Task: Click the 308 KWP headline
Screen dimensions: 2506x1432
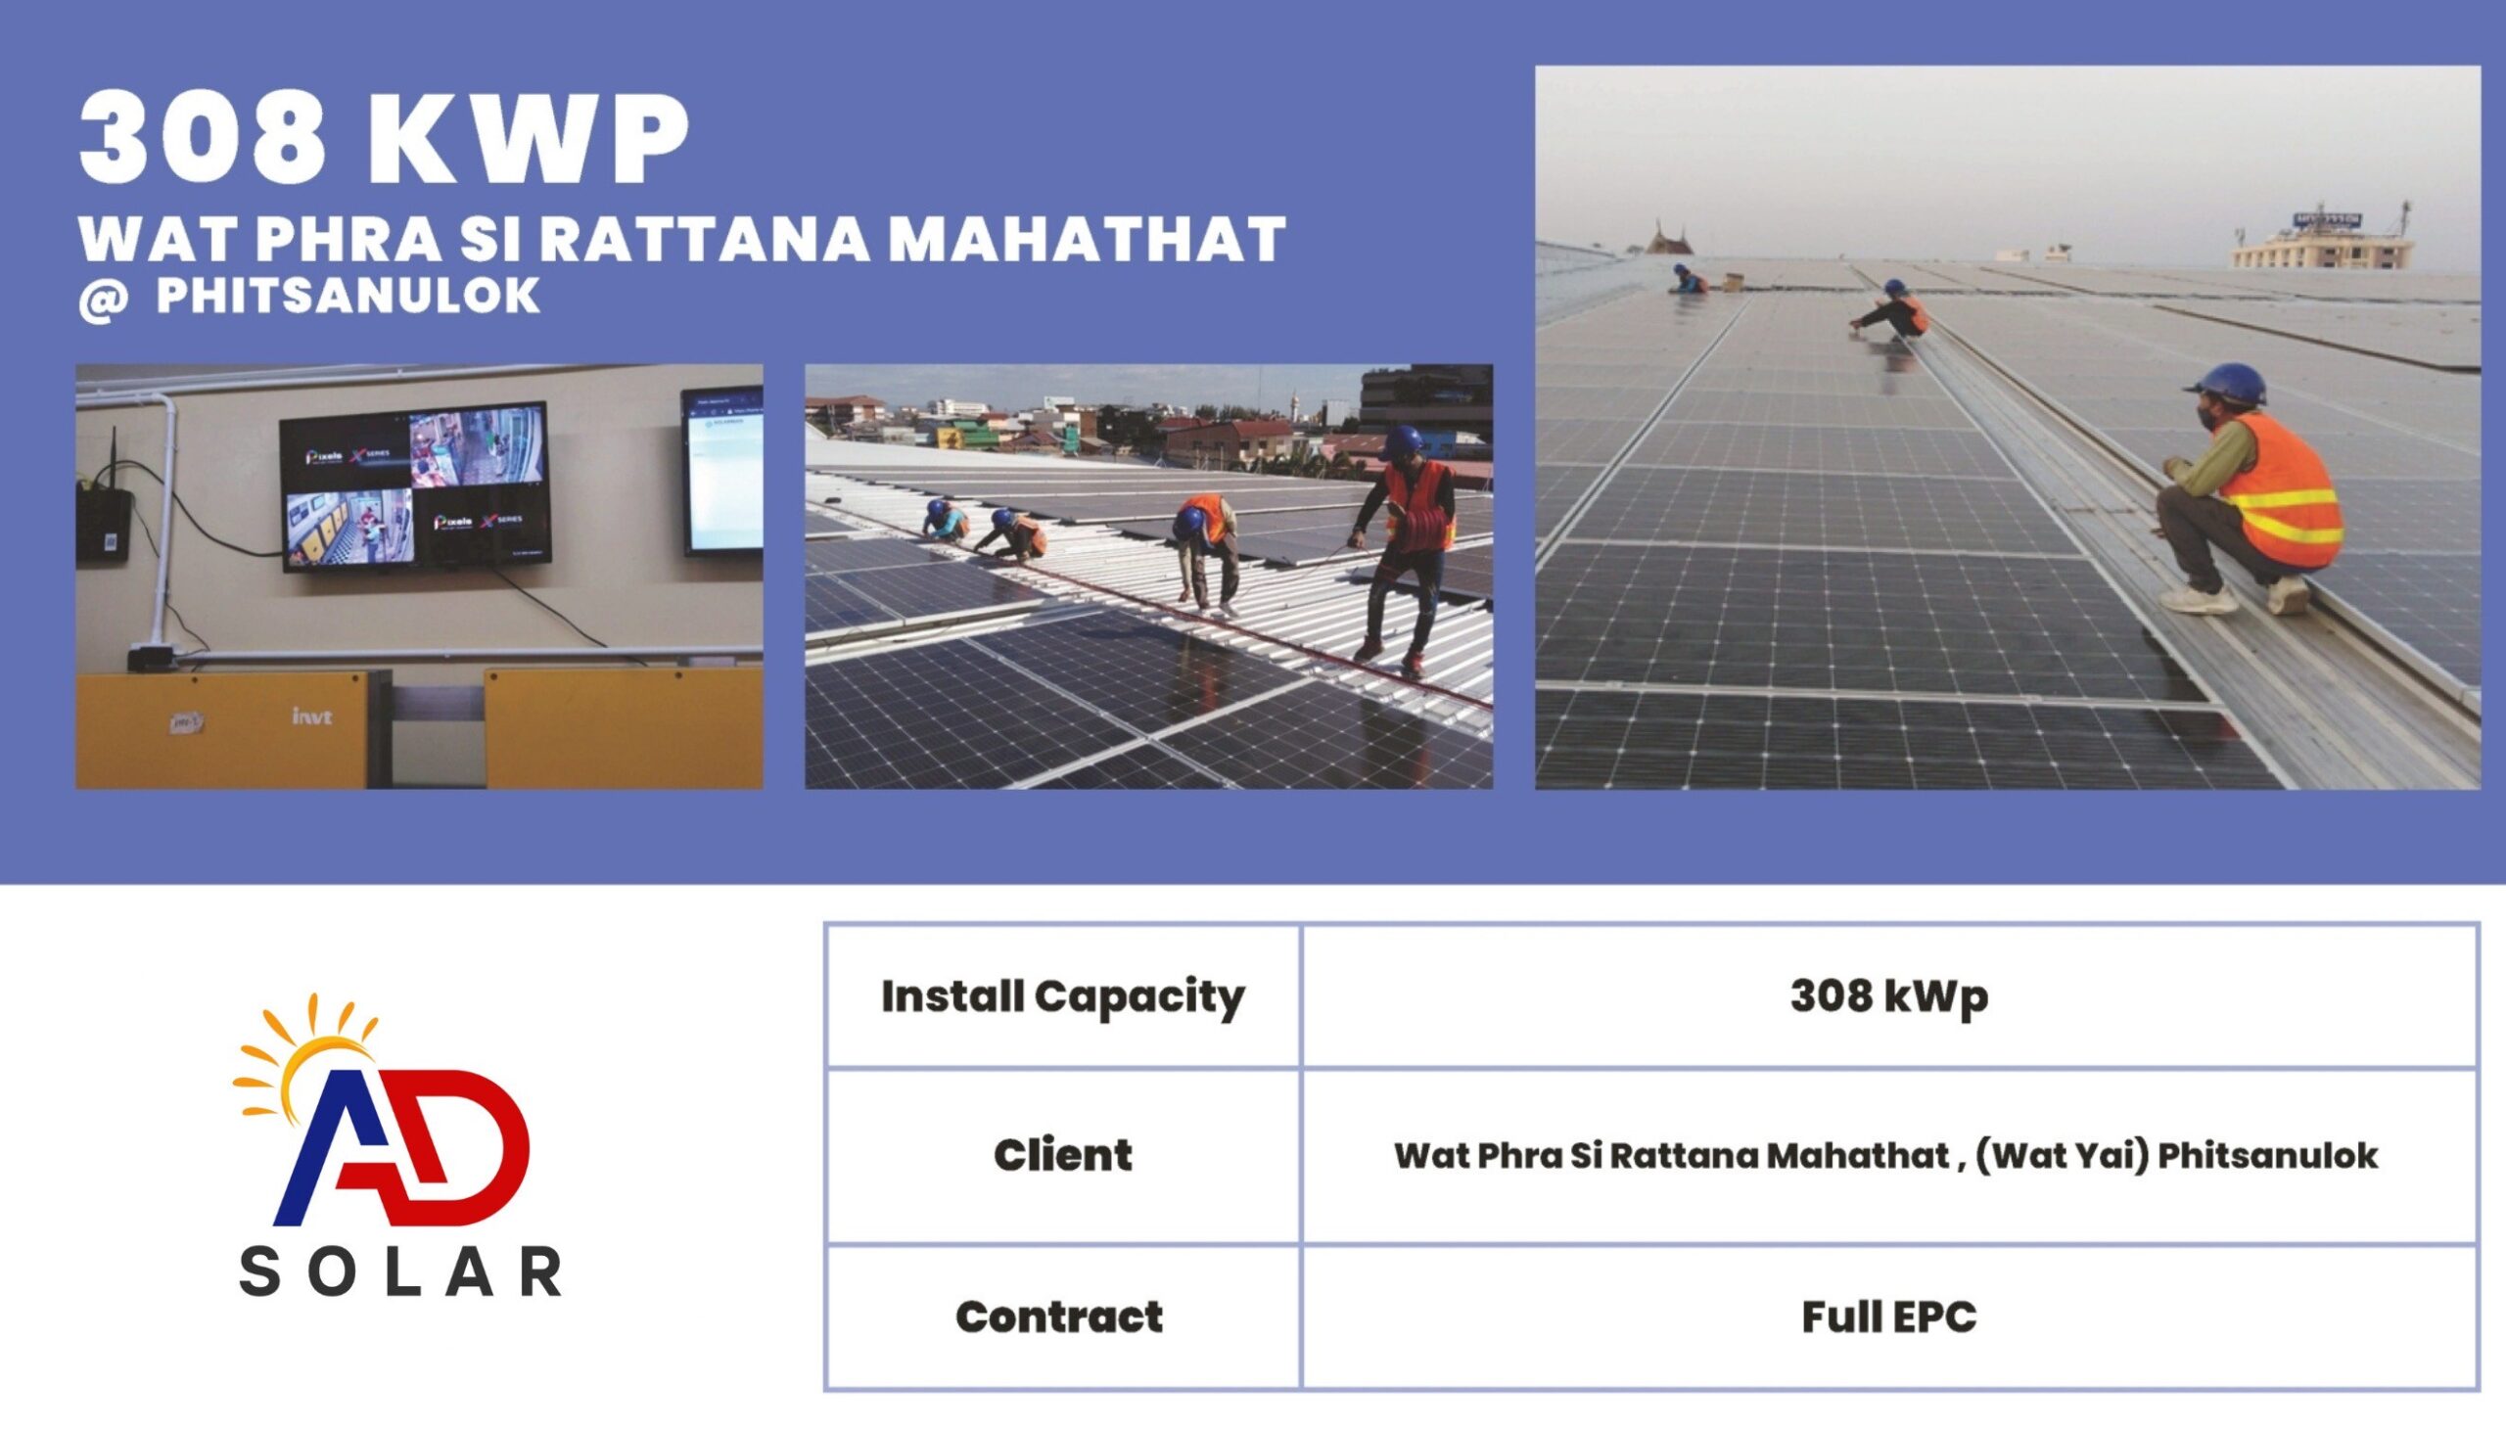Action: [384, 138]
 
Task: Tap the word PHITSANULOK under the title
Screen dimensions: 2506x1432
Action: [348, 295]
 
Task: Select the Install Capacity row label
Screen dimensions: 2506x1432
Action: [1063, 997]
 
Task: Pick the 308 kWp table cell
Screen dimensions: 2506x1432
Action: [1888, 997]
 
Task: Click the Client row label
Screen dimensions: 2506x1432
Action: [1062, 1155]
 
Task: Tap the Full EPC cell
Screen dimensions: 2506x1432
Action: [1888, 1317]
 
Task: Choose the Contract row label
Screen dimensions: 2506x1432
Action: [1059, 1317]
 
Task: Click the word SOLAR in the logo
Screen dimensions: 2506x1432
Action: [400, 1272]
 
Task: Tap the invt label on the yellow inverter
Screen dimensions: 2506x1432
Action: [312, 716]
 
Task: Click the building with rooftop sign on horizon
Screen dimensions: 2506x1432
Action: [2321, 241]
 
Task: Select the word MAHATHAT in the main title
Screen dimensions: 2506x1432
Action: [1088, 239]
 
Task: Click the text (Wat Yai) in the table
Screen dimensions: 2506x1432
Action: [2062, 1155]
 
